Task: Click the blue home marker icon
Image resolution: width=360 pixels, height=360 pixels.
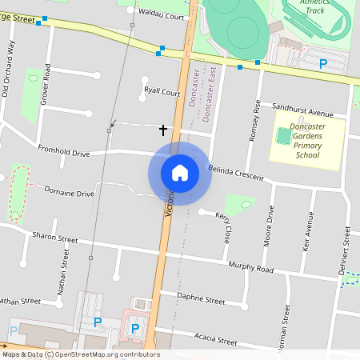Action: point(179,173)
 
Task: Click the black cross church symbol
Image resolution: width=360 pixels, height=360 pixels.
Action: point(163,129)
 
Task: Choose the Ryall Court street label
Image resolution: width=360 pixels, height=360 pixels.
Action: point(162,92)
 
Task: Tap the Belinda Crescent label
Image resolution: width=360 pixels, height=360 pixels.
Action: point(235,173)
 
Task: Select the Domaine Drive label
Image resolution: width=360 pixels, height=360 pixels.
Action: point(69,193)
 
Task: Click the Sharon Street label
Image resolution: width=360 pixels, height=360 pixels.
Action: point(55,238)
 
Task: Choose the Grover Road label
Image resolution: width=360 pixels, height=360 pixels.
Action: point(46,83)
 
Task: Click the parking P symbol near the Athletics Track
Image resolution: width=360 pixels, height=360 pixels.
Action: point(323,63)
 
